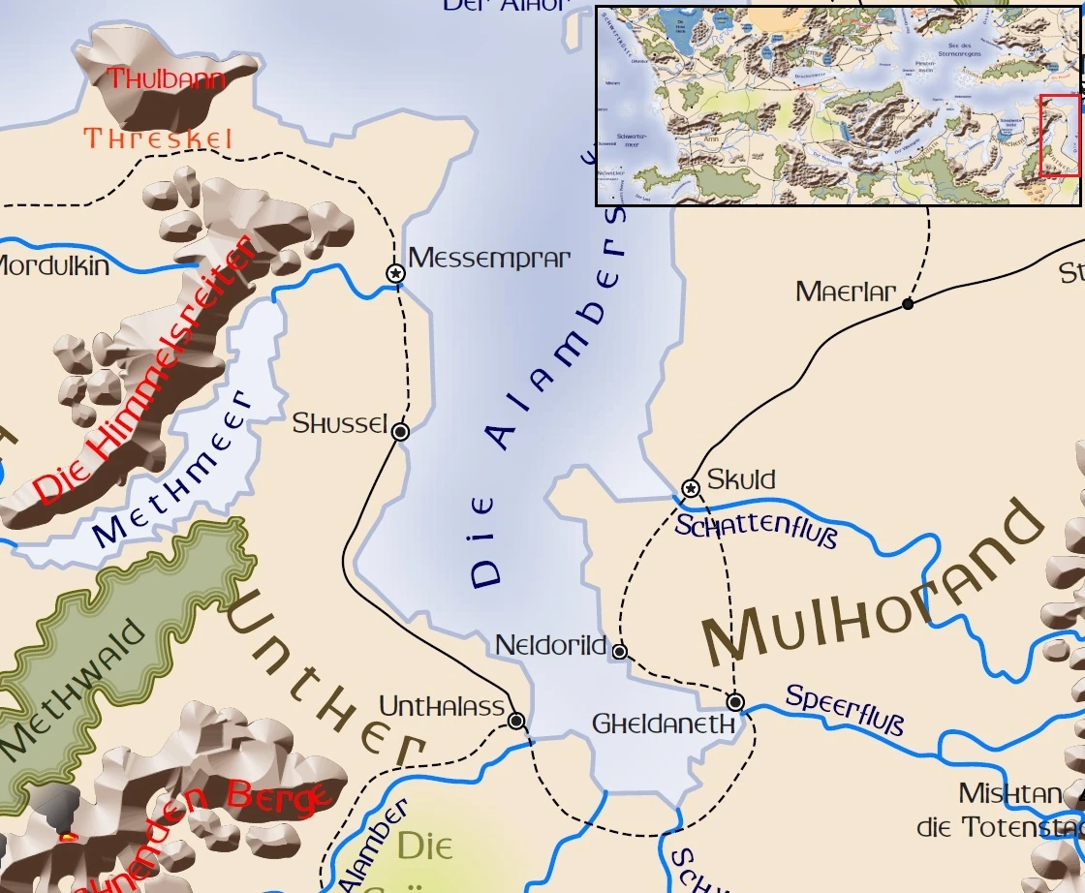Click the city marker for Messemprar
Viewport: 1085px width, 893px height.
point(395,274)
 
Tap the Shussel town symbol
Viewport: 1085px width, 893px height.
point(400,432)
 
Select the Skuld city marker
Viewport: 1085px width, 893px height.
point(691,488)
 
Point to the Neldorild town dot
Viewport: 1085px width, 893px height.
point(620,651)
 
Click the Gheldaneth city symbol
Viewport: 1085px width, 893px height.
point(735,701)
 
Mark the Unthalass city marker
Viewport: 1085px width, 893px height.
point(516,721)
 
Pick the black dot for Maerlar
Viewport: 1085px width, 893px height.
point(908,304)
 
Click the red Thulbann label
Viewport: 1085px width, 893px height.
point(166,79)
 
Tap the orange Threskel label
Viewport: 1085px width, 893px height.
point(158,139)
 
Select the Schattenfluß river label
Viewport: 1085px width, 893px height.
point(755,532)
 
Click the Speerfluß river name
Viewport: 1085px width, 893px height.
point(844,710)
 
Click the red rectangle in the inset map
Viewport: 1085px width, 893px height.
point(1059,136)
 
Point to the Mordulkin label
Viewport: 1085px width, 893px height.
point(53,266)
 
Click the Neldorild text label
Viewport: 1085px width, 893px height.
point(550,646)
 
